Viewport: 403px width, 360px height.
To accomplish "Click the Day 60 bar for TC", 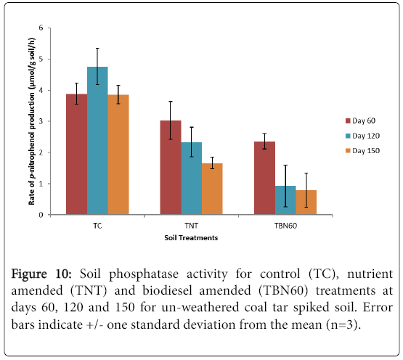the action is coord(76,154).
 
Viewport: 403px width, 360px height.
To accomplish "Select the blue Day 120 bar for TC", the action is coord(97,141).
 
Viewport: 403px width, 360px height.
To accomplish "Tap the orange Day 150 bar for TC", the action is coord(118,155).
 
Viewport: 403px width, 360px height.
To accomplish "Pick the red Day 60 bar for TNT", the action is coord(171,168).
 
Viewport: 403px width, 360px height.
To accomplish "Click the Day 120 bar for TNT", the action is coord(192,179).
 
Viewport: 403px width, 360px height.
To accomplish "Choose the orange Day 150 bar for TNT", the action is coord(212,189).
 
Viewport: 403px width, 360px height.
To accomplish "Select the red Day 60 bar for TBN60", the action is coord(265,178).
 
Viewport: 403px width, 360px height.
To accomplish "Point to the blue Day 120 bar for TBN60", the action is coord(285,200).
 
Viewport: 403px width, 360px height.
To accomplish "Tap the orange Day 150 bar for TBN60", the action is coord(306,202).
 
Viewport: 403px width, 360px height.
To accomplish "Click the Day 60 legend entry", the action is coord(361,120).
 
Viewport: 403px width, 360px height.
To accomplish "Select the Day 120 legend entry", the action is coord(362,136).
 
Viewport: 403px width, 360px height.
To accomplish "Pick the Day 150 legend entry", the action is coord(362,150).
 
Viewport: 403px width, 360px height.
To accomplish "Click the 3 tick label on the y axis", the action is coord(41,121).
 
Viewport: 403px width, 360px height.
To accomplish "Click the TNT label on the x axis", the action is coord(192,226).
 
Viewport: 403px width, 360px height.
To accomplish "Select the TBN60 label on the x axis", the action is coord(285,226).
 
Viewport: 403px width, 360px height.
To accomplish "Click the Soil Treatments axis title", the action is coord(191,237).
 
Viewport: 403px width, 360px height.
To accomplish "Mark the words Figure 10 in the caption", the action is coord(41,274).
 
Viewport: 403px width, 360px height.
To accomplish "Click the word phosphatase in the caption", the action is coord(144,274).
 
